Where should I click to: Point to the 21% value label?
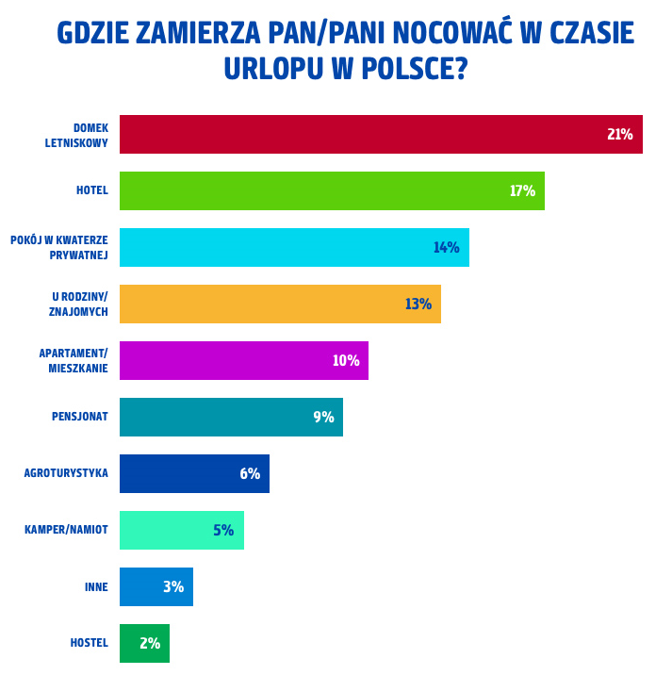pos(619,135)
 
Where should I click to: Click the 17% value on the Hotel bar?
pos(522,191)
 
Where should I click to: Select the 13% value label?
pos(418,305)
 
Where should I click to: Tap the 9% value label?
pos(323,418)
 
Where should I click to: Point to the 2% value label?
pos(150,644)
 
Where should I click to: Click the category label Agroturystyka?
pos(66,473)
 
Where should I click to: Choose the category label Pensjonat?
pos(80,417)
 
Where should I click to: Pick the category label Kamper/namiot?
pos(66,530)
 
